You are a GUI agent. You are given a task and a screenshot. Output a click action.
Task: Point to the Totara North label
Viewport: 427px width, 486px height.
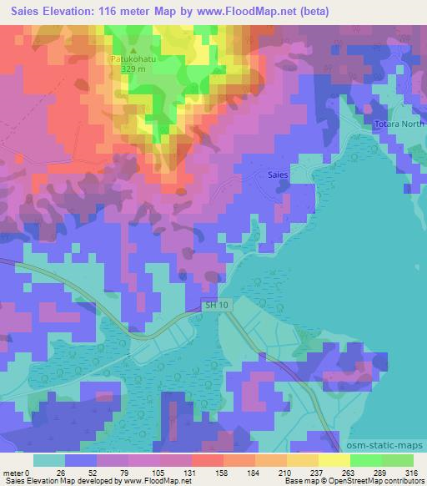tap(399, 124)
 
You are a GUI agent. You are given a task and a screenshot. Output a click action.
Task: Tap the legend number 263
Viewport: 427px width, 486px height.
tap(339, 472)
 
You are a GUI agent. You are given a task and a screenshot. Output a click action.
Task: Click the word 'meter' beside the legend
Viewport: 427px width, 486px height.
tap(13, 472)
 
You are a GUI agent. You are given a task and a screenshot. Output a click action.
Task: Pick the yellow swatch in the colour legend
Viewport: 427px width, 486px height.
tap(334, 459)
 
